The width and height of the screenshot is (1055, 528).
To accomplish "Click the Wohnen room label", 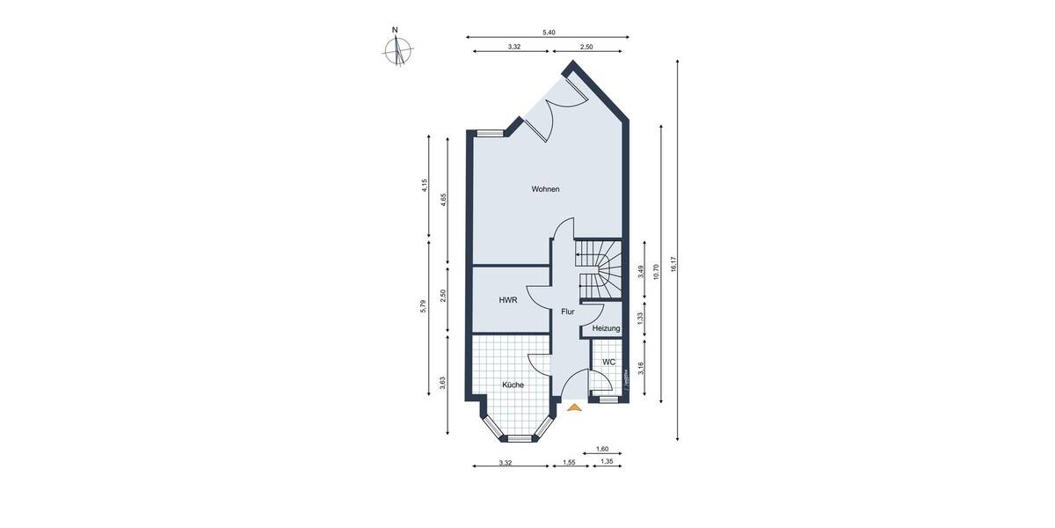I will [x=545, y=189].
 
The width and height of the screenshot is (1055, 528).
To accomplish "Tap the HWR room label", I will [x=507, y=300].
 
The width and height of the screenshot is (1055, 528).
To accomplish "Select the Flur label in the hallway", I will [x=568, y=312].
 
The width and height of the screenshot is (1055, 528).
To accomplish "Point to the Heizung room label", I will [x=606, y=328].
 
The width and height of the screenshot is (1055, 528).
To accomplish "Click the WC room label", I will [x=608, y=362].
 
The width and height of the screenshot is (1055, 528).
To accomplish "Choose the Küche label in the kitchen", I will [x=513, y=385].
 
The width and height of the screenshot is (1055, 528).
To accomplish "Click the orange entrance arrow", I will [x=575, y=407].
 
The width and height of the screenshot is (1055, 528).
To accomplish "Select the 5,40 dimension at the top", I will [x=549, y=32].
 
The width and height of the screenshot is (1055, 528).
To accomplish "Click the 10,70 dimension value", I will [x=656, y=265].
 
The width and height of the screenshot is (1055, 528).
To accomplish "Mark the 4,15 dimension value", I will [x=424, y=186].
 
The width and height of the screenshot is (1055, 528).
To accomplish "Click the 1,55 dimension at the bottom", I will [x=569, y=462].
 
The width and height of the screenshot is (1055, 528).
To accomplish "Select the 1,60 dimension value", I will [x=602, y=449].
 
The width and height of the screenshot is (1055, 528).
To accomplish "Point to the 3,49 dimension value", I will [x=641, y=272].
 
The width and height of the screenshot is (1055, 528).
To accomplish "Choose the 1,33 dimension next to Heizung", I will [x=641, y=318].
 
